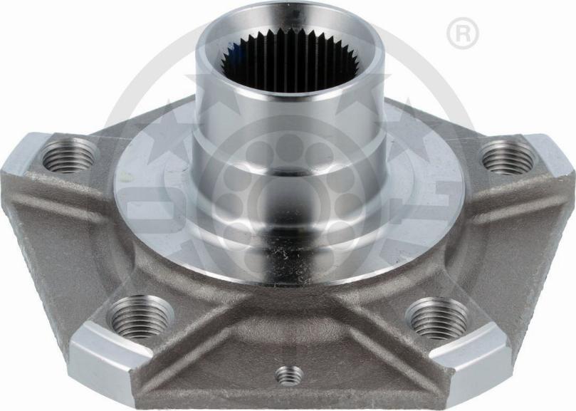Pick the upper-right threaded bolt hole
click(x=508, y=156)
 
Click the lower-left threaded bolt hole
click(x=141, y=316)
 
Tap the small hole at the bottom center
click(x=289, y=374)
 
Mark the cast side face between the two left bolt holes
click(x=71, y=242)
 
